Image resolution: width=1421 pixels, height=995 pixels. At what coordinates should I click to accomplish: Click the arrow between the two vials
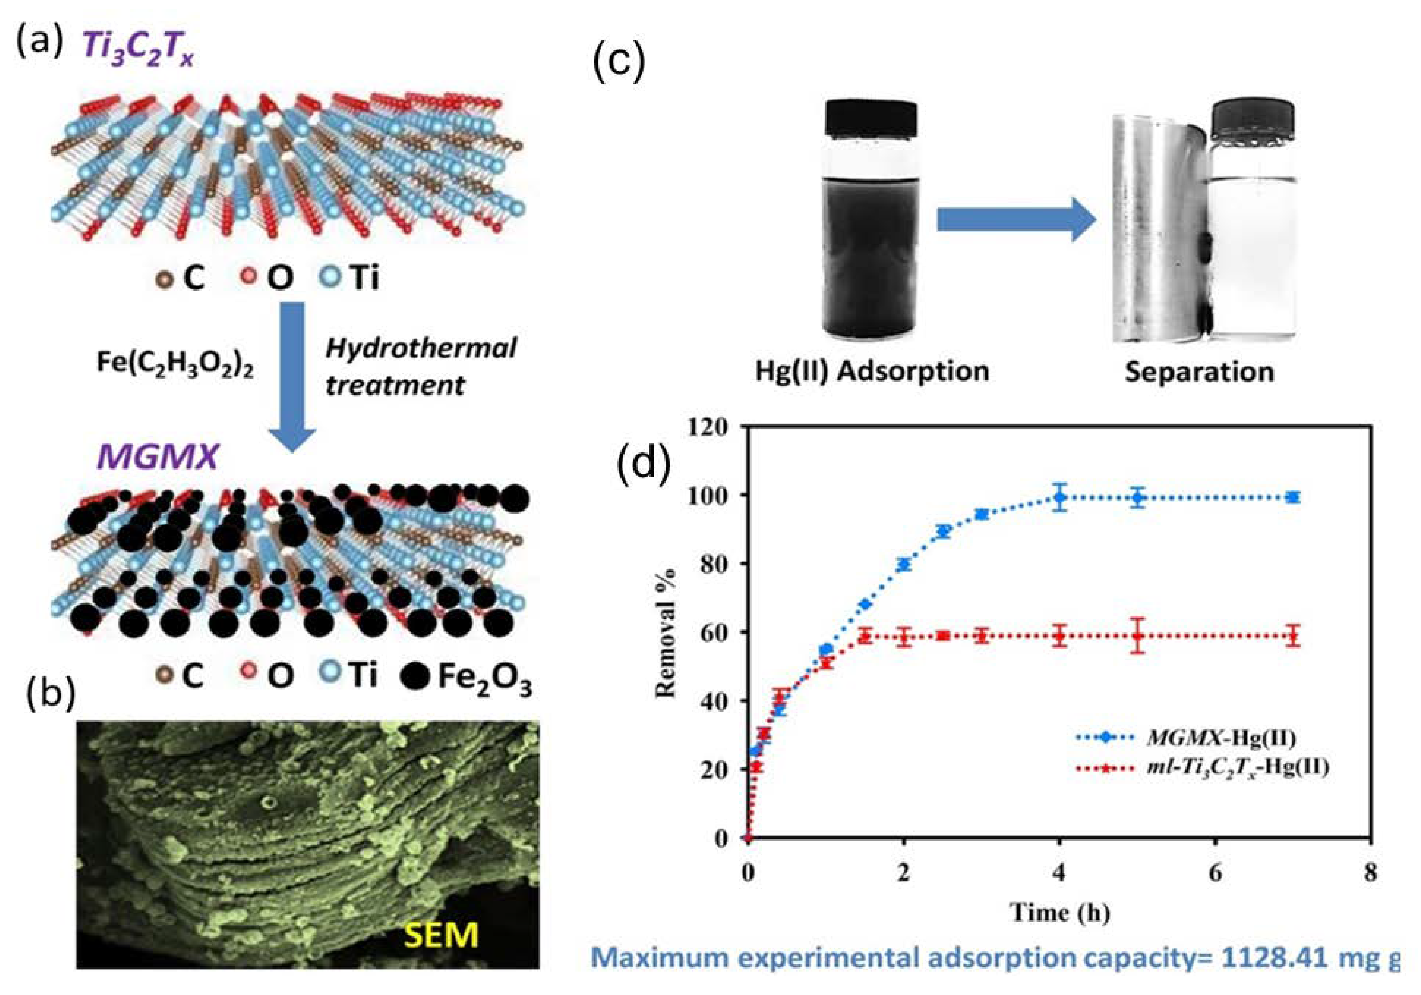1016,219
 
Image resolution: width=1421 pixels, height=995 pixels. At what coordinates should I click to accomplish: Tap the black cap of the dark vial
871,124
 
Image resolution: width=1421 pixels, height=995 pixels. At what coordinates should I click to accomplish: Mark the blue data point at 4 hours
1060,497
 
